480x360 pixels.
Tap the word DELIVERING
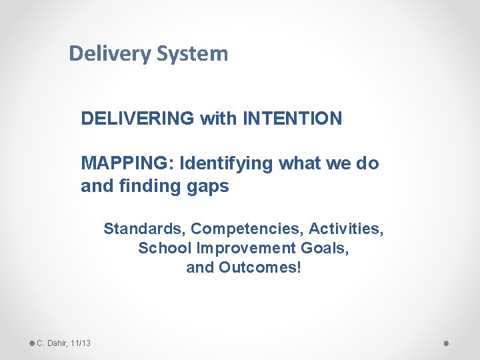click(x=138, y=119)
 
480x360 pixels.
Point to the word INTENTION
click(x=293, y=119)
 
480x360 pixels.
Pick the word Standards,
click(x=145, y=229)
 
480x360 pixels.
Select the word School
click(x=161, y=249)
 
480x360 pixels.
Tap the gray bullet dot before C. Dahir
click(x=31, y=343)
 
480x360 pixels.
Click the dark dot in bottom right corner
click(x=447, y=343)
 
